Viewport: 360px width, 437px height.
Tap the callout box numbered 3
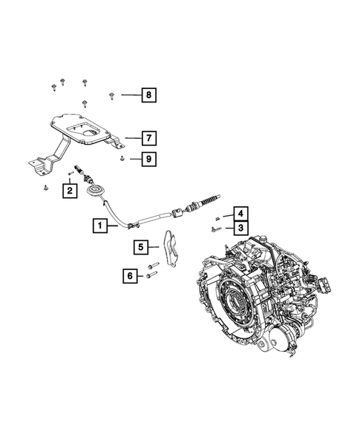coord(241,226)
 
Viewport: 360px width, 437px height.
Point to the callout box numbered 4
coord(241,212)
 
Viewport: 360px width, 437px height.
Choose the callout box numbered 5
coord(140,246)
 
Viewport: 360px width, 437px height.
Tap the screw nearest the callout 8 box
coord(111,94)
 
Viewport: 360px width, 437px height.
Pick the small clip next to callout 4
coord(216,217)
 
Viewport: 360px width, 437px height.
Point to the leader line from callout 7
coord(131,137)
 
